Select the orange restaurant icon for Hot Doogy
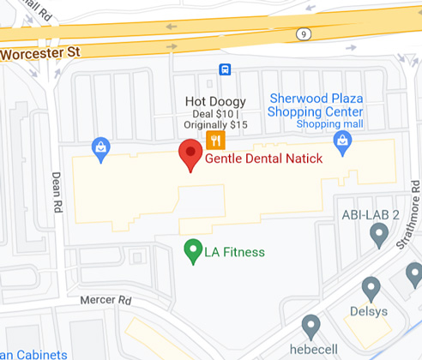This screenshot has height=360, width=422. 215,141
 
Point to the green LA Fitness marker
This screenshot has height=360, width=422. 193,251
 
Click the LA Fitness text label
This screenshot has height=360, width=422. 234,252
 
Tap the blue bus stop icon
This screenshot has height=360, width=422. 225,69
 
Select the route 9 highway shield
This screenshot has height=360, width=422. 303,33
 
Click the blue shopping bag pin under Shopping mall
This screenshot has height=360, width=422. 343,142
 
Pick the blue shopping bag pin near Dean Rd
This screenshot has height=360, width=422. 102,149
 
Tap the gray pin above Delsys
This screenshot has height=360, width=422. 371,289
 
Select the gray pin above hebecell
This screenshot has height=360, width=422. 311,326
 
